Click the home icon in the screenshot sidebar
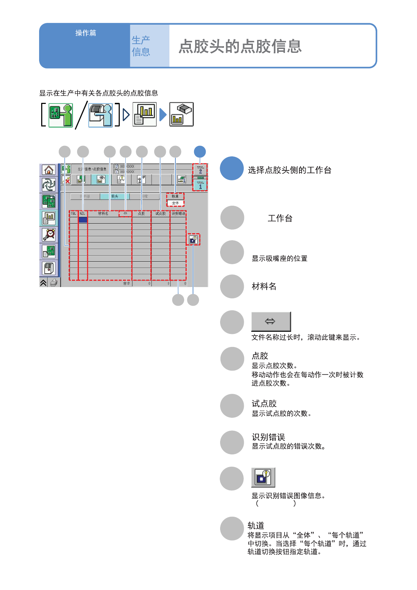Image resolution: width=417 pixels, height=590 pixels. coord(49,170)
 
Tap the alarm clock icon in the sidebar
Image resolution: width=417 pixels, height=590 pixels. coord(49,235)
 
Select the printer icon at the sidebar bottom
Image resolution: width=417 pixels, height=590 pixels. coord(54,282)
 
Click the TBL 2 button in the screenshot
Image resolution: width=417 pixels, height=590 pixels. coord(200,170)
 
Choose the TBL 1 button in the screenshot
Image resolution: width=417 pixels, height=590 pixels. coord(200,185)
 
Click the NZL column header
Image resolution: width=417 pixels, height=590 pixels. coord(82,213)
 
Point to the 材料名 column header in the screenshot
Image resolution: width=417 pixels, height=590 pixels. coord(103,213)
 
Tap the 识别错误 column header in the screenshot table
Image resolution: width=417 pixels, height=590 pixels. coord(178,213)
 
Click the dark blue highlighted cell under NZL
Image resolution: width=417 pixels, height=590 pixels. coord(83,220)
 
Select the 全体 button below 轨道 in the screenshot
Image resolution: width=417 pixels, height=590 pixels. coord(175,203)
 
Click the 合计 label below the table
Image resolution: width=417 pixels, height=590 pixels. coord(126,283)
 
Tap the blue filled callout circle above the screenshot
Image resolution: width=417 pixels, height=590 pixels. coord(200,152)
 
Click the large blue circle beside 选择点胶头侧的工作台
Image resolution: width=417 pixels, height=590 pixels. coord(232,168)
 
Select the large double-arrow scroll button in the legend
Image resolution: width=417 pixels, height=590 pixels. coord(271,321)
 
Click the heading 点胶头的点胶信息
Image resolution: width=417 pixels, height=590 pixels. coord(240,46)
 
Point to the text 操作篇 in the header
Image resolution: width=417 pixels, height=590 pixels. coord(86,33)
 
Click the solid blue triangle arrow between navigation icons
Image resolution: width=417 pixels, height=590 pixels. coord(163,115)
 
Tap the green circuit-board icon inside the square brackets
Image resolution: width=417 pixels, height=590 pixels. coord(60,115)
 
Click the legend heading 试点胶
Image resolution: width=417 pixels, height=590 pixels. coord(264,403)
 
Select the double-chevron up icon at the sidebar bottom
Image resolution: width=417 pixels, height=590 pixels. coord(43,282)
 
